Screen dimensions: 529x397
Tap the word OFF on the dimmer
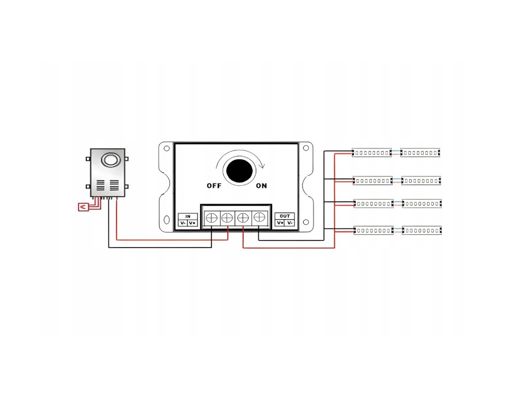[214, 186]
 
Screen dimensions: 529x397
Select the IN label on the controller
[188, 216]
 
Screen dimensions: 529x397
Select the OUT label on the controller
[284, 216]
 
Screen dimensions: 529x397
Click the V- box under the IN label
[183, 223]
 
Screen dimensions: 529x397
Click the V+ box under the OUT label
[280, 223]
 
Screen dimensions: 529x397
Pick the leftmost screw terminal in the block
[212, 218]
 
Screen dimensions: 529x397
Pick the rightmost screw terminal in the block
[259, 218]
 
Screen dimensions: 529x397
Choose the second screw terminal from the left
[227, 218]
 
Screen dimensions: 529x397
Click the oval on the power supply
[110, 159]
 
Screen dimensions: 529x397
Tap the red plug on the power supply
[82, 207]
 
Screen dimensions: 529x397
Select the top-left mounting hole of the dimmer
[166, 148]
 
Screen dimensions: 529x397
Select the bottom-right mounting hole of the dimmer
[306, 220]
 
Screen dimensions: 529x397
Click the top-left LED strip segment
[371, 152]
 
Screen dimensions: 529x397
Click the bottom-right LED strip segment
[422, 230]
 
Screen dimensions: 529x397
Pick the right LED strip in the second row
[422, 180]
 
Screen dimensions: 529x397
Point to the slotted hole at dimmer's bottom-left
[166, 220]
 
